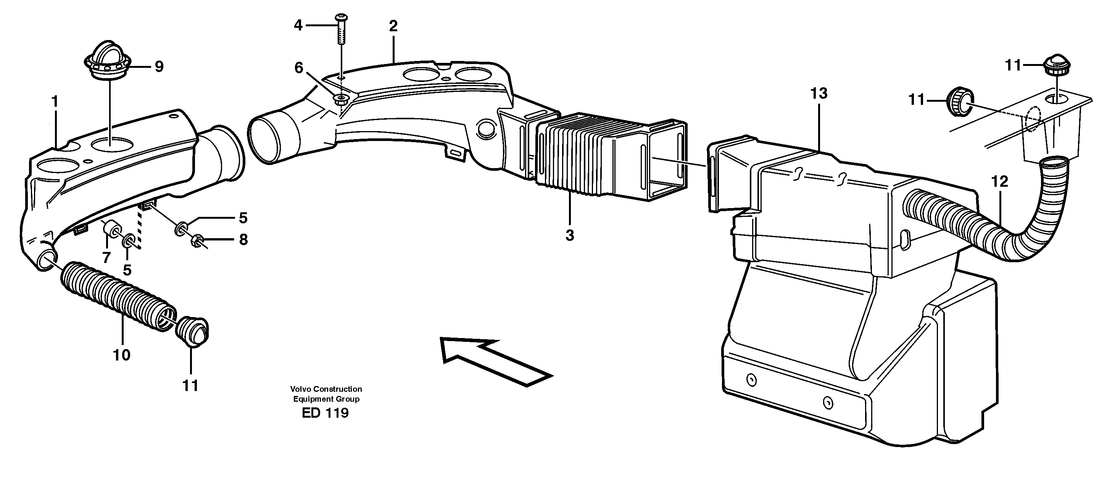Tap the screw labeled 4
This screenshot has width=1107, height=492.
[341, 30]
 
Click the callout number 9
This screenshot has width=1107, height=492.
[159, 67]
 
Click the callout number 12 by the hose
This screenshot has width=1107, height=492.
[999, 182]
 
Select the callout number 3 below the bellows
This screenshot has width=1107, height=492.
[569, 235]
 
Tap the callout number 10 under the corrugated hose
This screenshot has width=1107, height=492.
[122, 355]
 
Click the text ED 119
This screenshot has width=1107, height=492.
[325, 413]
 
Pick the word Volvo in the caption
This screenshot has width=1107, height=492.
[300, 389]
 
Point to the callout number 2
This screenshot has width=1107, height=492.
[393, 26]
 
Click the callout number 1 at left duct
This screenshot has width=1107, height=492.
[55, 102]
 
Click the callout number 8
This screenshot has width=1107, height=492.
[243, 240]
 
